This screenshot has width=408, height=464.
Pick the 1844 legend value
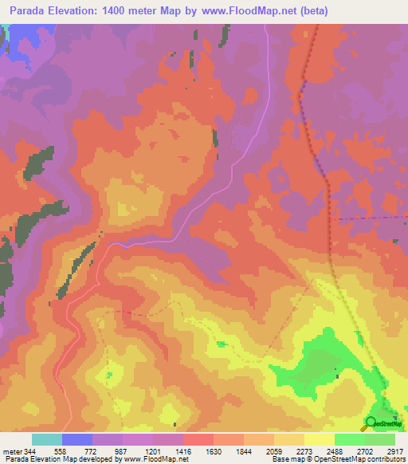click(x=245, y=452)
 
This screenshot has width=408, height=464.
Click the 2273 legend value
click(x=305, y=452)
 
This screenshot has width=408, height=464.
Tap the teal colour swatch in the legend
click(x=47, y=439)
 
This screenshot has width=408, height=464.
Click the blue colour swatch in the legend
click(x=77, y=439)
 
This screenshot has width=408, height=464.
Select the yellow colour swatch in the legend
click(x=320, y=439)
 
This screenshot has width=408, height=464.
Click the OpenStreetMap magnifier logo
click(x=371, y=423)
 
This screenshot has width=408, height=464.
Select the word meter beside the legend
click(x=11, y=452)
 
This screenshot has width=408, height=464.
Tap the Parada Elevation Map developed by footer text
click(x=64, y=460)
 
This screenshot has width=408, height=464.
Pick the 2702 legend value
click(x=366, y=452)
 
